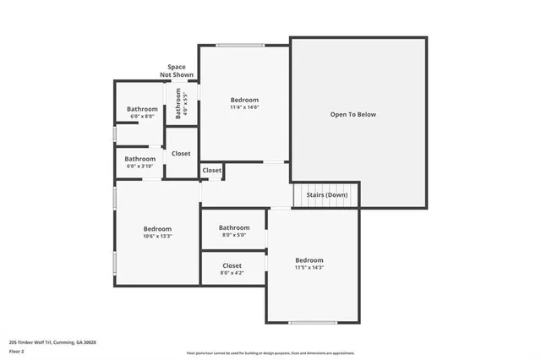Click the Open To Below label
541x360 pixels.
point(353,114)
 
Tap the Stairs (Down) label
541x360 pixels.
point(326,194)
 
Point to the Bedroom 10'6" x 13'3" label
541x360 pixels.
point(157,232)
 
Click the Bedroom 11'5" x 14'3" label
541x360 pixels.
point(309,264)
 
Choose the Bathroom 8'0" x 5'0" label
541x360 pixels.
point(234,231)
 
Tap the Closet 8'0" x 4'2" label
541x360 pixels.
point(232,269)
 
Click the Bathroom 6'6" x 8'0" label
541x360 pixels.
point(142,112)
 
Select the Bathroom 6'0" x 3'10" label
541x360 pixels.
point(140,161)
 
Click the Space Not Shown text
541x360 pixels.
point(177,71)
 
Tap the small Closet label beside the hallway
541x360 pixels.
point(211,170)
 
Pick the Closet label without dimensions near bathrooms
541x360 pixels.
point(181,154)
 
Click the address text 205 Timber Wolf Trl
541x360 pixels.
point(52,342)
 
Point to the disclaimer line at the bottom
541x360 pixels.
point(270,353)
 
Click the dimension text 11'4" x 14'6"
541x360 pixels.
point(244,107)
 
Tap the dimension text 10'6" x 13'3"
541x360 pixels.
point(157,237)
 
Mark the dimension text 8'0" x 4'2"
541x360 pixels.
point(232,273)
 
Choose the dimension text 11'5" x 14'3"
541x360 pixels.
point(309,268)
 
